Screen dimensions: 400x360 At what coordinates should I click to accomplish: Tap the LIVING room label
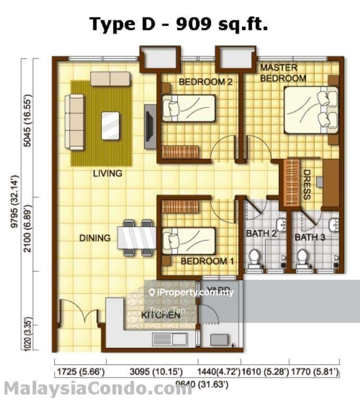107,173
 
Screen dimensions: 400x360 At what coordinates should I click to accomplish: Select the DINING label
95,238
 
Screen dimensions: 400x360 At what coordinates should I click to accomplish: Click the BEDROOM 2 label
206,82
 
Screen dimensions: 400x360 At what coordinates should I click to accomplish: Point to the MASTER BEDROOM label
282,73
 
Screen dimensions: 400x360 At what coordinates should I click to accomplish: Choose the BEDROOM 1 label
207,261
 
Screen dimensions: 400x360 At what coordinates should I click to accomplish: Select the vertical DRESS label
307,184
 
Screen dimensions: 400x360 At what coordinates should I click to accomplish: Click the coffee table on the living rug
111,126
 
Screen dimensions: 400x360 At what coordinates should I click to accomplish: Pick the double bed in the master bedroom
310,110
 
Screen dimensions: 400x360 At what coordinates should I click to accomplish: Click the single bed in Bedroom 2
189,108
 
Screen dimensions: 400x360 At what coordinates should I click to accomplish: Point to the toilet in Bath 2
254,258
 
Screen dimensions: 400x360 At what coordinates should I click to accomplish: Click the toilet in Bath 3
302,258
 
